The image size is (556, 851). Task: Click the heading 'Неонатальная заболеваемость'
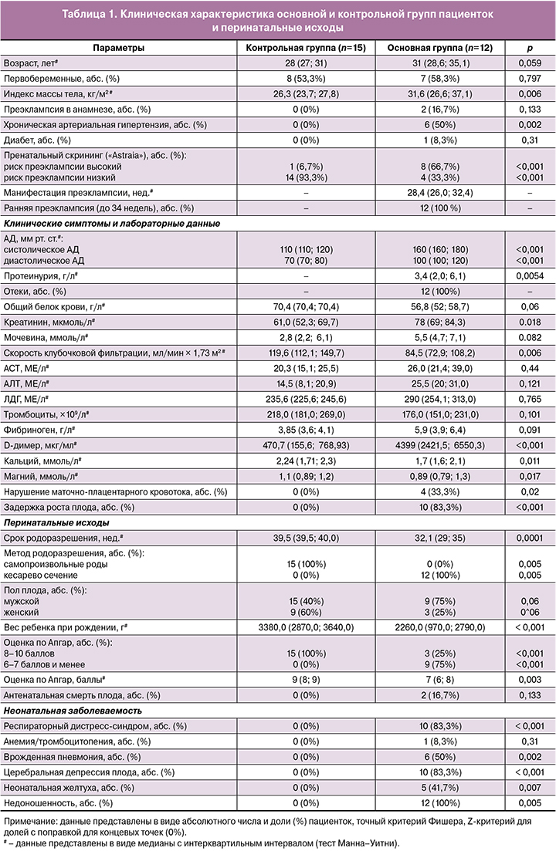point(65,710)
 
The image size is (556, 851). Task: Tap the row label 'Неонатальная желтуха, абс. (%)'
point(69,788)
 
